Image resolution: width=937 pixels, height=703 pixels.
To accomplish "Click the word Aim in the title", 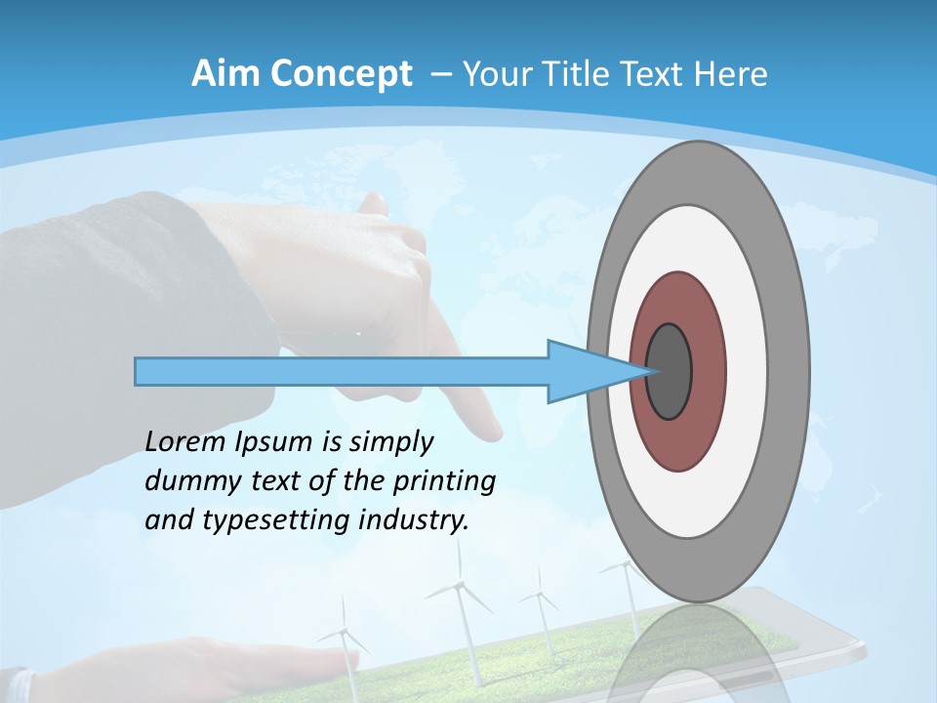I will tap(222, 74).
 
